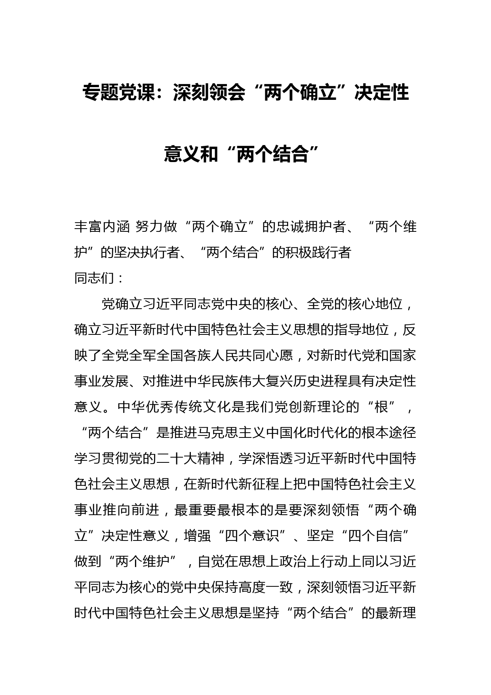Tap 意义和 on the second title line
[x=191, y=154]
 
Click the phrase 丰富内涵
[x=101, y=227]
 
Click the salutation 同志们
[x=94, y=278]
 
